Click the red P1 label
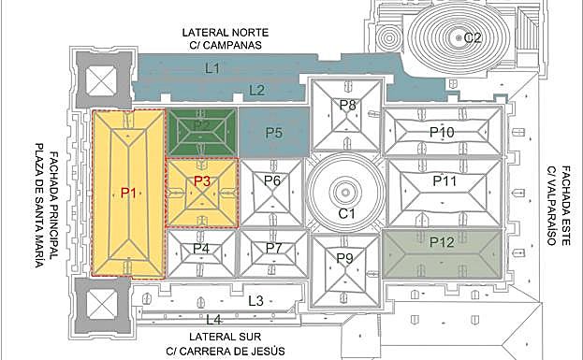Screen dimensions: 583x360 130,193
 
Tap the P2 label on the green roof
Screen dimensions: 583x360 201,125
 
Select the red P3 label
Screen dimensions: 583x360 202,181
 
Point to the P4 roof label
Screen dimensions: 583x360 201,249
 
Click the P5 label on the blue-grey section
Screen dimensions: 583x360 273,133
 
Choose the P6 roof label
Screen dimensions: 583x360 272,180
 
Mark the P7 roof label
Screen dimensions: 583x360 273,248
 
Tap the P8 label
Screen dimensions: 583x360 347,105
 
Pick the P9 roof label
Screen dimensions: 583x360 345,259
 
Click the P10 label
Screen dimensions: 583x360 442,133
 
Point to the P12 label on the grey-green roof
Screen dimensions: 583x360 442,242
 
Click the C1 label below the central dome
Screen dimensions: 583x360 347,215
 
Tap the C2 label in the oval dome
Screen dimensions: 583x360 473,37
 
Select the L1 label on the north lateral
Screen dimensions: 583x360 212,67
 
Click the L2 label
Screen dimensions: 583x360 256,90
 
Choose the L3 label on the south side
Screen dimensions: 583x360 255,300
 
